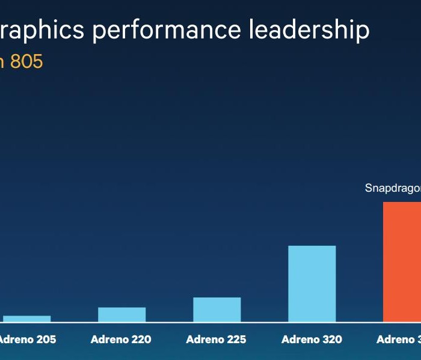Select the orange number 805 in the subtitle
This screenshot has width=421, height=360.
(26, 62)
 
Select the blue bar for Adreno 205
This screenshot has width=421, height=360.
(26, 319)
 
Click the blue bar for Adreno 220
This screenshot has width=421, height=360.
(121, 314)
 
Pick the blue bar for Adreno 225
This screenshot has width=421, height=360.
(217, 310)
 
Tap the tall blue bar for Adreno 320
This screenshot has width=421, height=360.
(312, 284)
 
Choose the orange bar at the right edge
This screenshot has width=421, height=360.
(402, 262)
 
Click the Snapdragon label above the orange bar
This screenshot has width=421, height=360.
(393, 188)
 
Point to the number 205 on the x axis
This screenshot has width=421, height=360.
(46, 340)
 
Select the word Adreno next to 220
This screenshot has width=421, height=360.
(110, 340)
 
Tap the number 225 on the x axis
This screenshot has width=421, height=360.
(236, 340)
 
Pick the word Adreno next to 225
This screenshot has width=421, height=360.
(206, 340)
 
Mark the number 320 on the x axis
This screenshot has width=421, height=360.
(331, 340)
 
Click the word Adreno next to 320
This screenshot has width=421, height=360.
(301, 340)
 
